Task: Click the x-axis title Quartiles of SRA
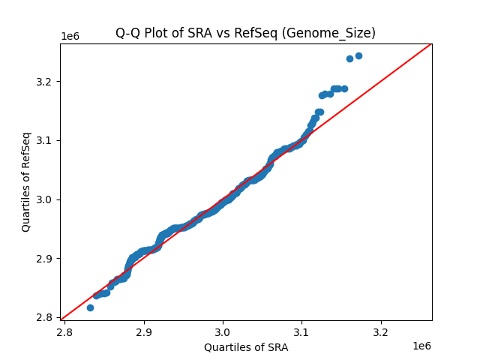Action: pyautogui.click(x=246, y=347)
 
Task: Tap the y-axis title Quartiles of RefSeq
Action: pyautogui.click(x=26, y=181)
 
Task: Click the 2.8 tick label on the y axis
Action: pyautogui.click(x=46, y=317)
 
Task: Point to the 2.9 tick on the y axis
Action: pyautogui.click(x=46, y=258)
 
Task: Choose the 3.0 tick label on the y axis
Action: pyautogui.click(x=46, y=199)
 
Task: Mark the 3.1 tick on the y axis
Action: pyautogui.click(x=46, y=140)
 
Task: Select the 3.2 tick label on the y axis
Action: pyautogui.click(x=46, y=81)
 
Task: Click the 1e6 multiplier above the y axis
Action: pyautogui.click(x=70, y=37)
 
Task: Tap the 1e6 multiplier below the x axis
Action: pyautogui.click(x=422, y=346)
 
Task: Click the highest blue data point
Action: pyautogui.click(x=358, y=55)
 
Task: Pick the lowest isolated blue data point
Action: pyautogui.click(x=90, y=307)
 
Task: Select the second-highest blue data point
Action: pyautogui.click(x=349, y=58)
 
